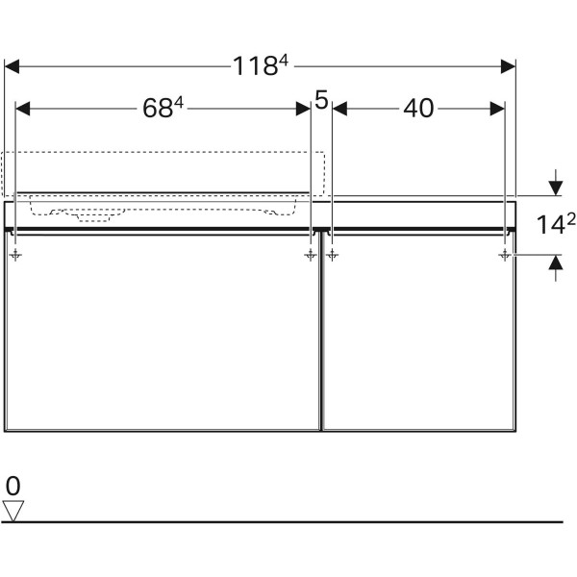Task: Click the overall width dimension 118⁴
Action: (x=261, y=65)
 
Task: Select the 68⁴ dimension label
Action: (x=163, y=108)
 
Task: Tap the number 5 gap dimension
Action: (x=321, y=100)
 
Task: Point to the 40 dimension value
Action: (x=418, y=109)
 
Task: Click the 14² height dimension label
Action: (x=556, y=224)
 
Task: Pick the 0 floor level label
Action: (x=13, y=486)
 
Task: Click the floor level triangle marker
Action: (x=13, y=511)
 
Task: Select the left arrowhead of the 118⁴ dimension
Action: (x=12, y=66)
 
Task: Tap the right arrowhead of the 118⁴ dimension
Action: (x=508, y=66)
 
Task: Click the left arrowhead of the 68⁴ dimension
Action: (x=22, y=109)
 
